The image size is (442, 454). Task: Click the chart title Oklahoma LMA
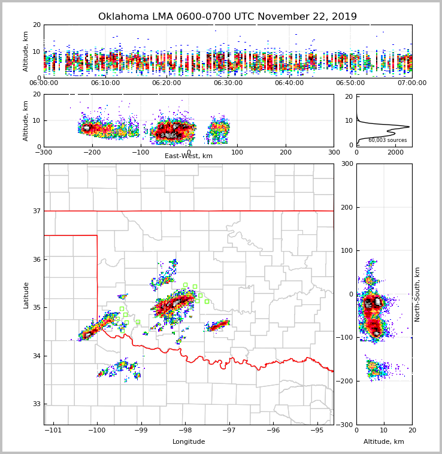coord(227,17)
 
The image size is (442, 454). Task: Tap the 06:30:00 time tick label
coord(228,83)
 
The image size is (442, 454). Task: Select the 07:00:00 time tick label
coord(412,83)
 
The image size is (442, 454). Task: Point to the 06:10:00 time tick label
coord(105,83)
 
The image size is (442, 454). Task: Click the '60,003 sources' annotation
coord(387,140)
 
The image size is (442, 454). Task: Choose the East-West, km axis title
coord(189,156)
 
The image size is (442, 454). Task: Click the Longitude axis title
coord(189,442)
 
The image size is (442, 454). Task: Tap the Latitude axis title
coord(26,295)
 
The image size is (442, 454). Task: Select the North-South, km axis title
coord(417,294)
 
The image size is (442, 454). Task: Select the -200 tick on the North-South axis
coord(346,381)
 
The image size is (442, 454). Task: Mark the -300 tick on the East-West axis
coord(44,152)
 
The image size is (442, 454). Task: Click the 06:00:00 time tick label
coord(44,83)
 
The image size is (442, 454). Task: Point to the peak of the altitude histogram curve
coord(409,126)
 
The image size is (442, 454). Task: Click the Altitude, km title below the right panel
coord(384,442)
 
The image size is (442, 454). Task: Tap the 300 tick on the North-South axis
coord(347,164)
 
